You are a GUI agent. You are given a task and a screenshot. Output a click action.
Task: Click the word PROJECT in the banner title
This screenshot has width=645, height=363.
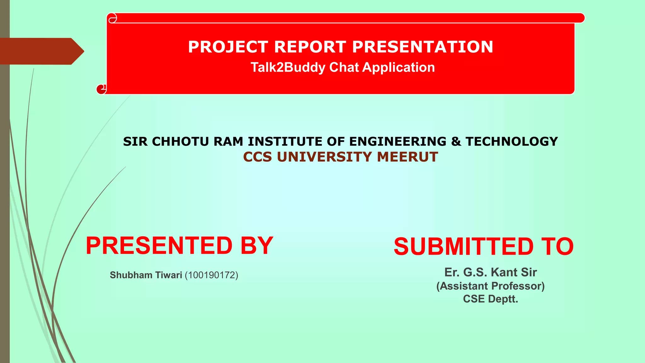click(x=228, y=47)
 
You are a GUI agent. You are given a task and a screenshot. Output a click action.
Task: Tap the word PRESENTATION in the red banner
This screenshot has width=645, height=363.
click(x=422, y=47)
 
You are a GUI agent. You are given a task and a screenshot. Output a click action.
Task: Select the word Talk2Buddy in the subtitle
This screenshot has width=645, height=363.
click(x=288, y=67)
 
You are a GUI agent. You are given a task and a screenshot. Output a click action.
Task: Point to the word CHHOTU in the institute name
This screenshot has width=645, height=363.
click(x=180, y=141)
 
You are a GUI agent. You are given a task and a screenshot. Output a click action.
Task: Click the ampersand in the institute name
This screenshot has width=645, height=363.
click(x=456, y=141)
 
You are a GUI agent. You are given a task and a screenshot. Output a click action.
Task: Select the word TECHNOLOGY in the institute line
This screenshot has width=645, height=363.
click(x=512, y=141)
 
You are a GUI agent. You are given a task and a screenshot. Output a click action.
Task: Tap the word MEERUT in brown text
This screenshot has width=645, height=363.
click(x=407, y=157)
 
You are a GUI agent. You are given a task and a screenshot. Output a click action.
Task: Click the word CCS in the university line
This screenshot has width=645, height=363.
click(x=257, y=157)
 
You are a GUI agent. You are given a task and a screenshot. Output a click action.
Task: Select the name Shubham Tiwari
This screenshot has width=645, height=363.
click(x=146, y=275)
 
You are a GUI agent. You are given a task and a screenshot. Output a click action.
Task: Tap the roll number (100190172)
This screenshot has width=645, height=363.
click(x=211, y=275)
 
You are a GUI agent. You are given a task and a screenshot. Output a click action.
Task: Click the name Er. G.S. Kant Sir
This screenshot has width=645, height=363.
click(x=490, y=272)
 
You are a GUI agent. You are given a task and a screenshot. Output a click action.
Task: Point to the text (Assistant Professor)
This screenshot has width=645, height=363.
click(x=490, y=286)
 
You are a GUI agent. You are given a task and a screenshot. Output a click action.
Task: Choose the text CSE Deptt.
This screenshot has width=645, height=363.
click(x=490, y=299)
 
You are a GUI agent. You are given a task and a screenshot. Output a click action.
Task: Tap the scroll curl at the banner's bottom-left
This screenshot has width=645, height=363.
click(x=101, y=89)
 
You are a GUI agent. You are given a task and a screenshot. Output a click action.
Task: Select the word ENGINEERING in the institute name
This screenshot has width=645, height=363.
click(x=398, y=141)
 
